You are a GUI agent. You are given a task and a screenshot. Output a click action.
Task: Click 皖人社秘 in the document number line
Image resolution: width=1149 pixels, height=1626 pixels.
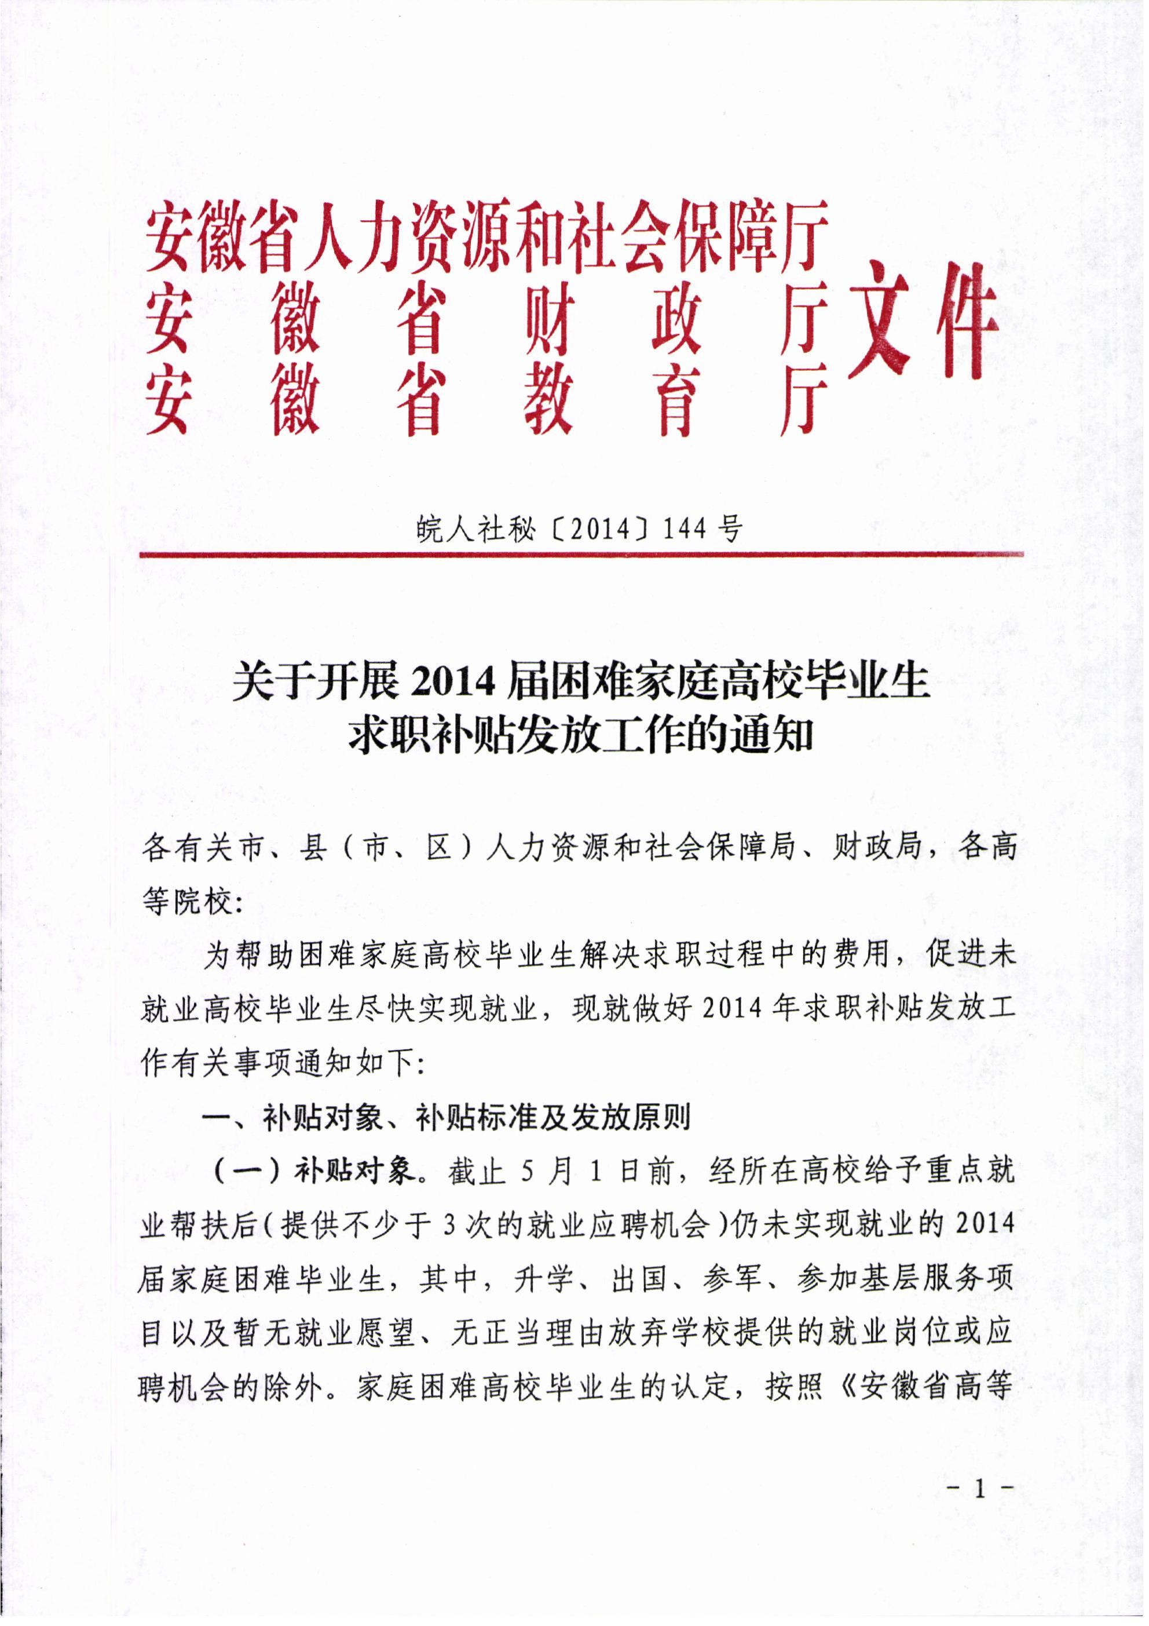475,528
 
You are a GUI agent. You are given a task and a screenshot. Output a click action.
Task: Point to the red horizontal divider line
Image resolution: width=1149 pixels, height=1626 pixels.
580,554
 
